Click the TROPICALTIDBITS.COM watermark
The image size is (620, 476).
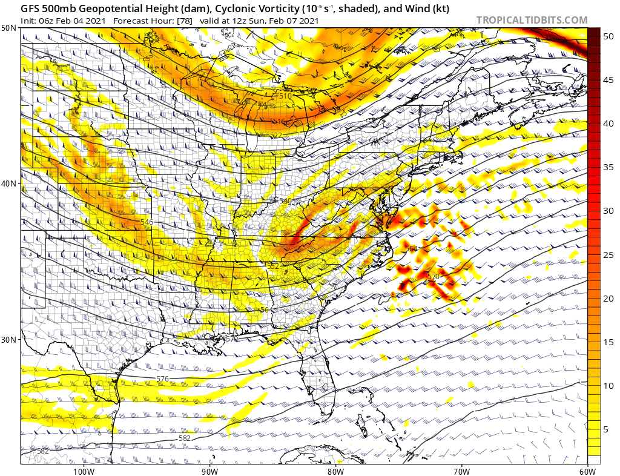[x=532, y=20]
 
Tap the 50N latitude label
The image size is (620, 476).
[x=8, y=28]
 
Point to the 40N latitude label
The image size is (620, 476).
[x=8, y=183]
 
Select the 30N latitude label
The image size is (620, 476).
[x=8, y=339]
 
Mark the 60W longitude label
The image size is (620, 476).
[x=587, y=471]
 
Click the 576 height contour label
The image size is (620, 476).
[x=162, y=378]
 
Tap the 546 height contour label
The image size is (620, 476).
[x=147, y=223]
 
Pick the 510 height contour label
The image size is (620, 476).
[x=285, y=96]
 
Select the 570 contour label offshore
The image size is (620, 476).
[x=433, y=277]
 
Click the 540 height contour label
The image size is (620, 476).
[x=285, y=200]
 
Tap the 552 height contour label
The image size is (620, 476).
[x=272, y=266]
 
